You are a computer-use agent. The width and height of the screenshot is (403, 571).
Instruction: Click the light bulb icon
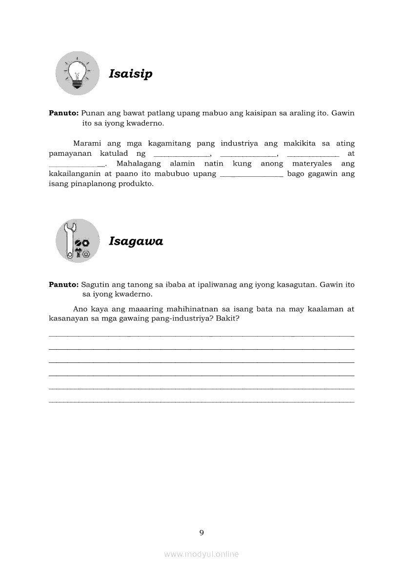[77, 74]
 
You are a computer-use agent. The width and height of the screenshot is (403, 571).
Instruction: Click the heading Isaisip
[130, 74]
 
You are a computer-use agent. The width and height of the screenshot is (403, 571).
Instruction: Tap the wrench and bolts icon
[77, 241]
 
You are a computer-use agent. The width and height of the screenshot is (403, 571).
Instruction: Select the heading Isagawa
[136, 241]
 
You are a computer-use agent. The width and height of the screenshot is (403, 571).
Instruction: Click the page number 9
[201, 532]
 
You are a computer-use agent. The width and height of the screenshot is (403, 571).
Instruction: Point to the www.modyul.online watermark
[201, 554]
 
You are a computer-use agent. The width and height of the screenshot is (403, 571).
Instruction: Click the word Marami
[87, 144]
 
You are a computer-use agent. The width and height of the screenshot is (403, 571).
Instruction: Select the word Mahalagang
[138, 164]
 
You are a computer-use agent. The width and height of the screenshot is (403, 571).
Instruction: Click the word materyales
[312, 164]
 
